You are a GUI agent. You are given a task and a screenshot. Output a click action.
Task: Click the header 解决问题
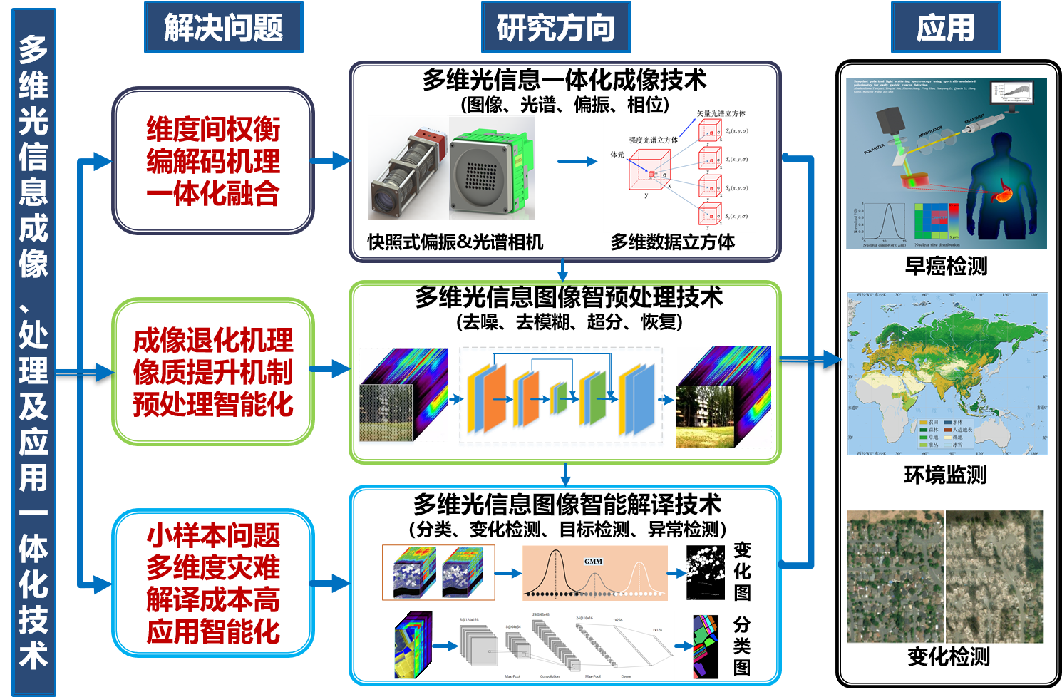223,28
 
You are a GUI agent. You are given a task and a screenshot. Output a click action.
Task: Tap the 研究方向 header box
556,28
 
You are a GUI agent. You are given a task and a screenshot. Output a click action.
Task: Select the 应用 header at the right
945,28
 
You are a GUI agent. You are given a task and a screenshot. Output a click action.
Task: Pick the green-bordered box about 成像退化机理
213,372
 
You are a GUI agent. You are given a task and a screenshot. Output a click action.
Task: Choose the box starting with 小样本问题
213,583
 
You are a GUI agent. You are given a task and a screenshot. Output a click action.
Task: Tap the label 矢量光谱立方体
721,113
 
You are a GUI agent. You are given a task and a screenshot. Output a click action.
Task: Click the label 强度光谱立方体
653,140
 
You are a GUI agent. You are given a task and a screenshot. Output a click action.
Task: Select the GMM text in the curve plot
593,562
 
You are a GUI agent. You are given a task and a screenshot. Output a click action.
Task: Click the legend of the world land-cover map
945,433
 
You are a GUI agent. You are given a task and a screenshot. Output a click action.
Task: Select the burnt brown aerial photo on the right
995,577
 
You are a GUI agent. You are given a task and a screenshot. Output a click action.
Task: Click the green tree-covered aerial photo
895,577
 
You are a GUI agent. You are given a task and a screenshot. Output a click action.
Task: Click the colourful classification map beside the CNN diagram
706,646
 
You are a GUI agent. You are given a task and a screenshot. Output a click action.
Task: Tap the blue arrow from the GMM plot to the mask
676,572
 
